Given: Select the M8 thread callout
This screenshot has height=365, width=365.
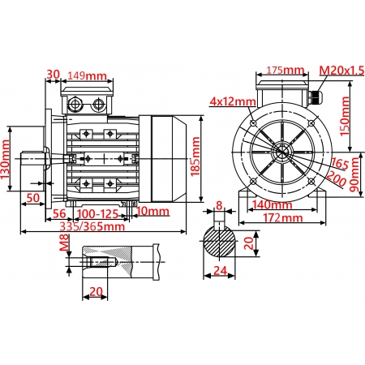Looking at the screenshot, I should coord(64,244).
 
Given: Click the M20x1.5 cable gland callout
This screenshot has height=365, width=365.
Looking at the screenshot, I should coord(341,71).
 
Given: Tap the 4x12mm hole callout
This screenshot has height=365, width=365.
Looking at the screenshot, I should coord(233,101).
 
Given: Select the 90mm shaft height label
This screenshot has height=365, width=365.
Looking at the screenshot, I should coord(355,175).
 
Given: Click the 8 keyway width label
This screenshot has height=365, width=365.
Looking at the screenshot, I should coord(219,206).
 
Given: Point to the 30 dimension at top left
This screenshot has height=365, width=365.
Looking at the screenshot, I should coord(54,74).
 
